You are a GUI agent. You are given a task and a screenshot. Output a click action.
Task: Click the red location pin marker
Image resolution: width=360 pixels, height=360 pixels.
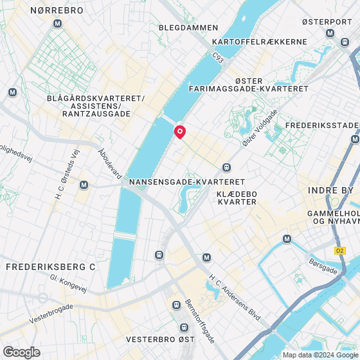(x=180, y=131)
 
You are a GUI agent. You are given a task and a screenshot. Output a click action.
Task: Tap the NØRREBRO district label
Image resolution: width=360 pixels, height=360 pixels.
(x=57, y=11)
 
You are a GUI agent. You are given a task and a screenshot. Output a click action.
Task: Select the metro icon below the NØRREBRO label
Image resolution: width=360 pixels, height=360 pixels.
(x=59, y=24)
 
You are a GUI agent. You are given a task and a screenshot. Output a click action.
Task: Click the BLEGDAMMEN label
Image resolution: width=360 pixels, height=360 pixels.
(x=188, y=28)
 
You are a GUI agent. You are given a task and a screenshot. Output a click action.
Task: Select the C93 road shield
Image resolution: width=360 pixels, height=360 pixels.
(x=218, y=59)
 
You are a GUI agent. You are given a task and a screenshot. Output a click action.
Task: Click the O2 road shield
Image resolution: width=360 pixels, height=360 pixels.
(x=339, y=250)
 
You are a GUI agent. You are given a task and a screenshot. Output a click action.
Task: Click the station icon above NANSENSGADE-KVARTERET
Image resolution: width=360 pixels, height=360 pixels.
(x=226, y=167)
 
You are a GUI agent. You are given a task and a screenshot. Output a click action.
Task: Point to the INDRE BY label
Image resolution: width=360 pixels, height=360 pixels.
(x=330, y=190)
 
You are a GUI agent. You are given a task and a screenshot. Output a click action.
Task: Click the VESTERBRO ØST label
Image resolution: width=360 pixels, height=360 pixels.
(x=159, y=338)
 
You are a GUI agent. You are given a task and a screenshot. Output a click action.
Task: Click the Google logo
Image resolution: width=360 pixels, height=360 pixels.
(x=22, y=352)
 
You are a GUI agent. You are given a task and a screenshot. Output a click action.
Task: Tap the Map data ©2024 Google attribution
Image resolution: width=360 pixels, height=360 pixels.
(x=318, y=355)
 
